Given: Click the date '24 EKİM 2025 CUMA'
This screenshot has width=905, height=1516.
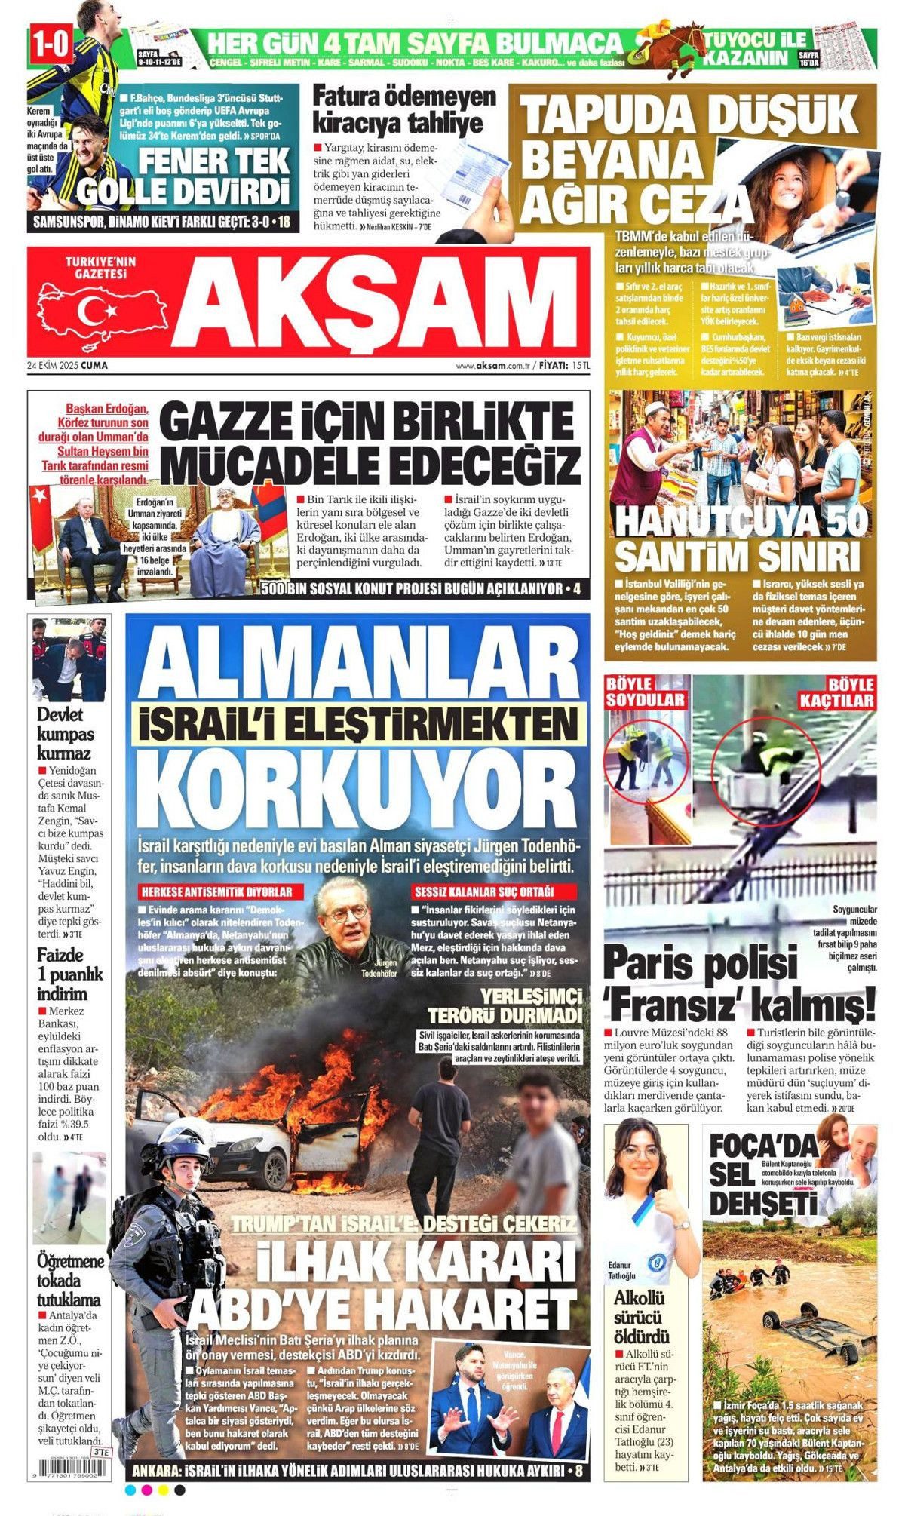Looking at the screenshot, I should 67,365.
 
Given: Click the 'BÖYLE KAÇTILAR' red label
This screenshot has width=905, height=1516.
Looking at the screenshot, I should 836,692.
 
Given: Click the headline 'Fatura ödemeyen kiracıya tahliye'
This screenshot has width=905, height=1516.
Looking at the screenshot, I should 404,109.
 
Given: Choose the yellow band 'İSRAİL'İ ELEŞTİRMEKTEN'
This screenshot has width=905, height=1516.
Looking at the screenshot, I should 358,724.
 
